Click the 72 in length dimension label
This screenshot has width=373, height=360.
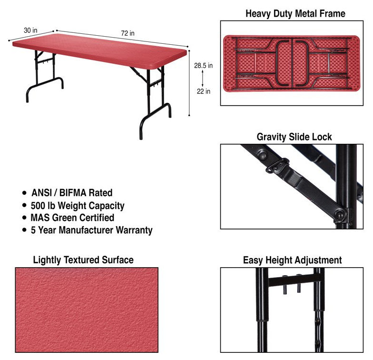tap(128, 33)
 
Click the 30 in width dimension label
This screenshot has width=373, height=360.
tap(30, 30)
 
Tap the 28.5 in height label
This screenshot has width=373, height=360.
tap(204, 66)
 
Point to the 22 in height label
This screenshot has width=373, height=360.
tap(204, 91)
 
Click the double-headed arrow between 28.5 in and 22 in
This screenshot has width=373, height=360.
tap(203, 79)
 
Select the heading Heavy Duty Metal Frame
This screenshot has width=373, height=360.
tap(295, 13)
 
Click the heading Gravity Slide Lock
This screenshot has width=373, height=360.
tap(294, 137)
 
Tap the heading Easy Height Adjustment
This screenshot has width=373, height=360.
tap(292, 260)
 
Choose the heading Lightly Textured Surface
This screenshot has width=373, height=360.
tap(83, 260)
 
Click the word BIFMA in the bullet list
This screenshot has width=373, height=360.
tap(72, 192)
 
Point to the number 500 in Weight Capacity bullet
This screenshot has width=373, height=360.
tap(38, 206)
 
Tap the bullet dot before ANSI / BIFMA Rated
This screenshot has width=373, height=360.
tap(24, 192)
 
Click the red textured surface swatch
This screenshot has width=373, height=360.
tap(87, 310)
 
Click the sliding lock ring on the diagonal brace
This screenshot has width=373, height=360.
tap(277, 165)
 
